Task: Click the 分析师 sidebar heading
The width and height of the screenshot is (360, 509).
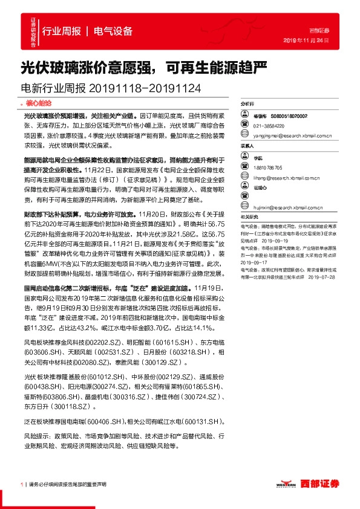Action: pos(247,104)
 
